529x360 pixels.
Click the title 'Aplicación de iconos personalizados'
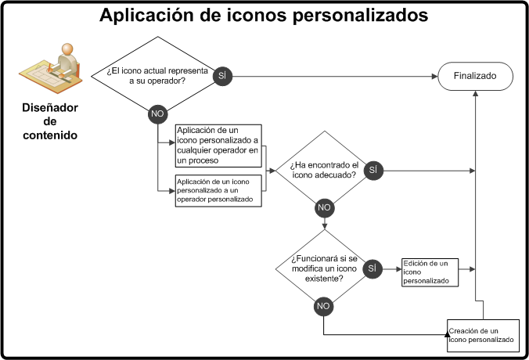(x=264, y=15)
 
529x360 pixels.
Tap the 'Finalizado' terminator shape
(x=475, y=76)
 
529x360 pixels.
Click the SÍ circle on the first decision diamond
(x=221, y=76)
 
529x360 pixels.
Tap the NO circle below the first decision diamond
(x=157, y=114)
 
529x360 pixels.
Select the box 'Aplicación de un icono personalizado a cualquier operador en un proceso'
(x=218, y=145)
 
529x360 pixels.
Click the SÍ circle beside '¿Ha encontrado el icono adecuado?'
(x=372, y=170)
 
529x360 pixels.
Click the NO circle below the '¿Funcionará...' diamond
(x=323, y=306)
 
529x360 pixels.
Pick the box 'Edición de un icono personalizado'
(x=430, y=271)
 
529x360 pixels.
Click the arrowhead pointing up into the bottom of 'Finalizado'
(x=475, y=93)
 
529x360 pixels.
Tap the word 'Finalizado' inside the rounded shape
(x=475, y=76)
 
